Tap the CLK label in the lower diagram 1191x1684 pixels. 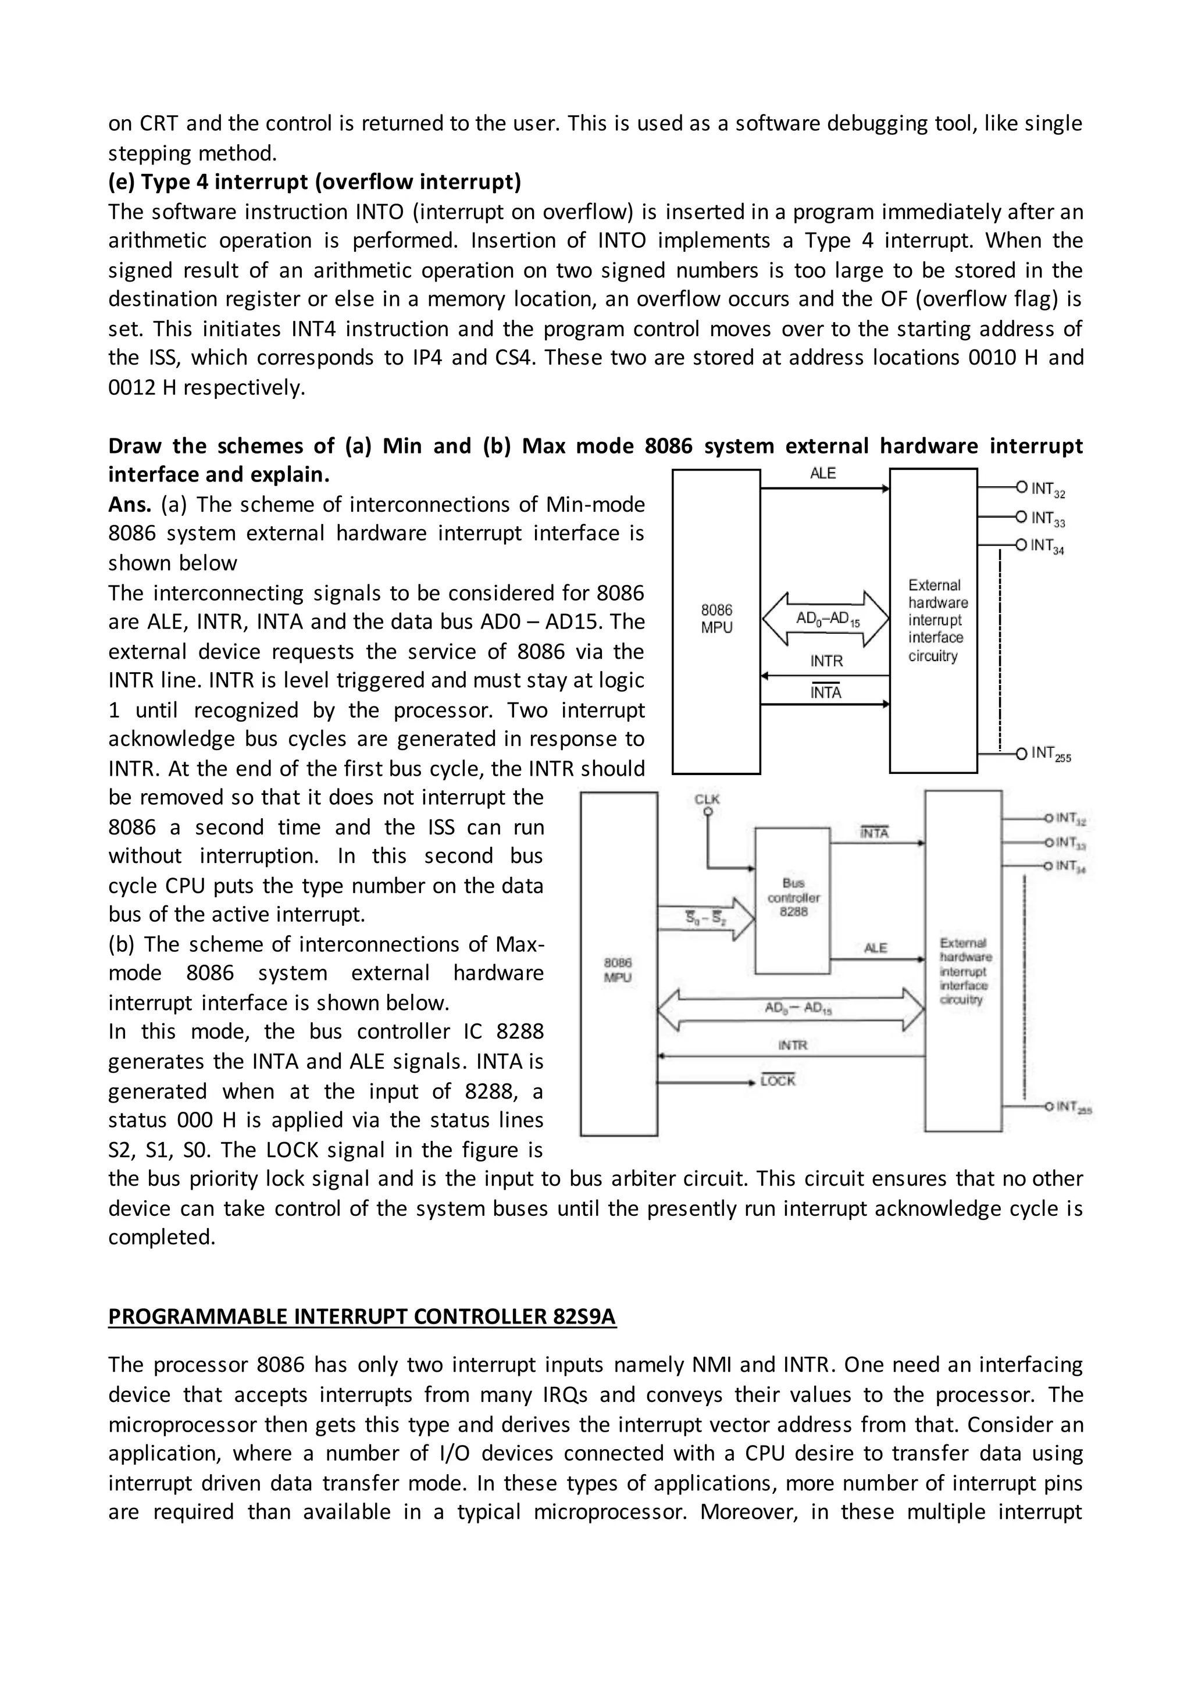(707, 799)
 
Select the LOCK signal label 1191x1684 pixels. (778, 1081)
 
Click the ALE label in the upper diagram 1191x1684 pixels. (822, 474)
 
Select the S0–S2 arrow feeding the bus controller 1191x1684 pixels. (706, 918)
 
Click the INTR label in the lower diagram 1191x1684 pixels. (792, 1045)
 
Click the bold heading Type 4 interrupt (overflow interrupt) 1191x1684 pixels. (315, 181)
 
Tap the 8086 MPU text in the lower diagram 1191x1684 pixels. (618, 969)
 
